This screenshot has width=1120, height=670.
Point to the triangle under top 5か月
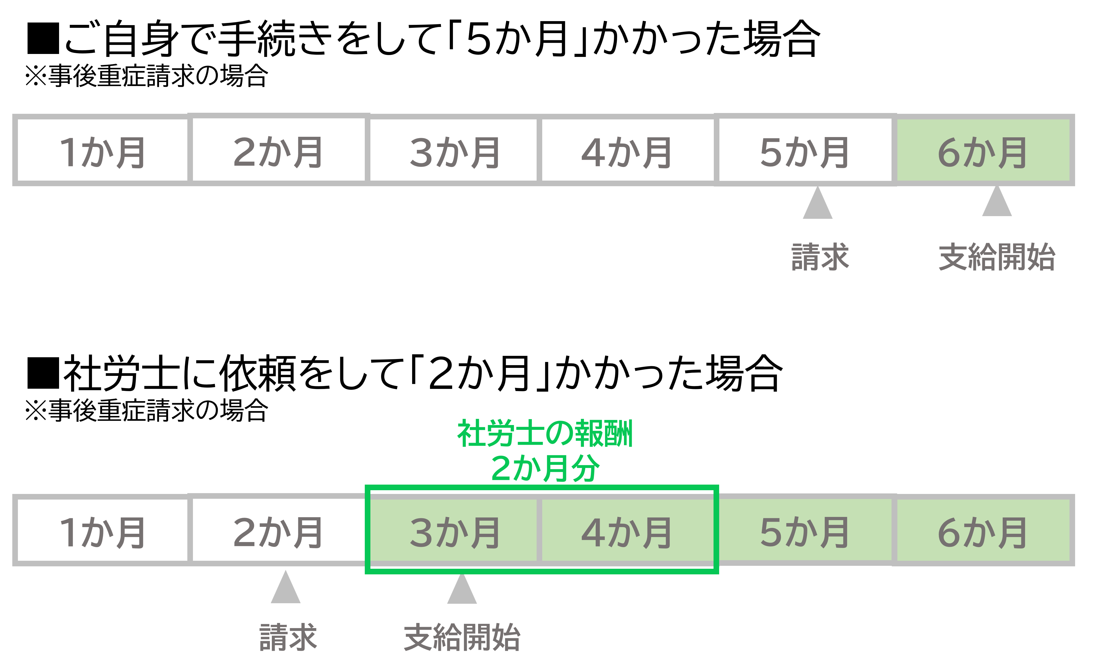pyautogui.click(x=817, y=204)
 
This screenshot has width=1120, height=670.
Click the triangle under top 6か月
pyautogui.click(x=997, y=202)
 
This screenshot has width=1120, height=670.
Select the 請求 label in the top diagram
pyautogui.click(x=820, y=257)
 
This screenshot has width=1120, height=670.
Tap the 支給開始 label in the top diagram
pyautogui.click(x=997, y=257)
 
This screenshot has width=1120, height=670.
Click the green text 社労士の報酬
pyautogui.click(x=545, y=433)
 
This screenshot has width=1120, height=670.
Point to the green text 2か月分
pyautogui.click(x=545, y=468)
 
